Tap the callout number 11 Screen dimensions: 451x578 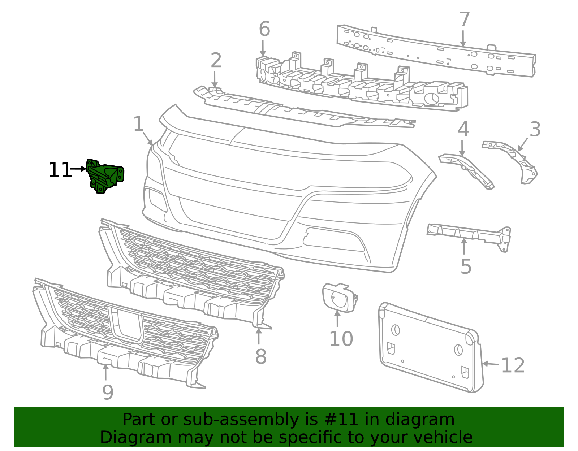click(60, 170)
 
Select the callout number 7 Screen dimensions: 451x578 click(464, 20)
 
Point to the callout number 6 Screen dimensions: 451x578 click(264, 29)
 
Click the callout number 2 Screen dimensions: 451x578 click(216, 60)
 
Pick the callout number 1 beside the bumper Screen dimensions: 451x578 click(138, 124)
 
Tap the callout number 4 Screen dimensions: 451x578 click(463, 129)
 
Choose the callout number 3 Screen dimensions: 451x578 click(535, 129)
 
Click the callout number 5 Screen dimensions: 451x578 click(466, 267)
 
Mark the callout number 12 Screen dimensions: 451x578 click(513, 365)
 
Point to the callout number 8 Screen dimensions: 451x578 click(260, 356)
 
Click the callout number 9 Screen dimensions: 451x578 click(108, 392)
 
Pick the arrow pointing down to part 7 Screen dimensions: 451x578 click(463, 38)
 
